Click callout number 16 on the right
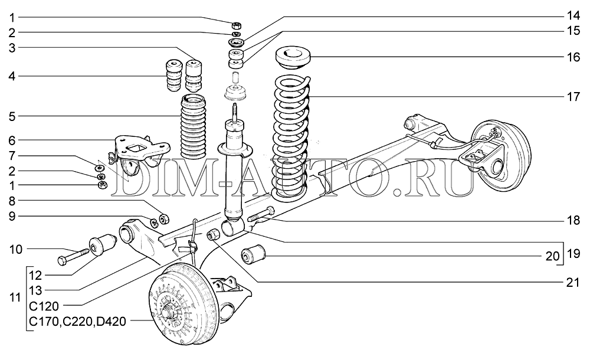click(570, 57)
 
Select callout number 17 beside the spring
click(570, 97)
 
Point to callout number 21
click(570, 283)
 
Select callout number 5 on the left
click(12, 116)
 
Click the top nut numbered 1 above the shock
click(235, 25)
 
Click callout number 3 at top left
click(12, 47)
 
